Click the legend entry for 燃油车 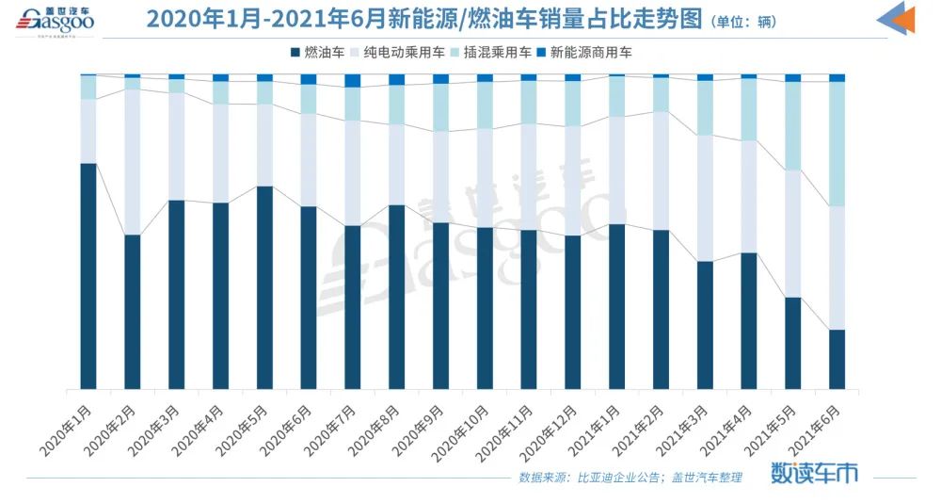320,53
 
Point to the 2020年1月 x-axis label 68,427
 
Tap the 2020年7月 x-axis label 331,427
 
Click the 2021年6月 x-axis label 816,427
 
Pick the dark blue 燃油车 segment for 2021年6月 837,359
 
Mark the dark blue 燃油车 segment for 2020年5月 264,287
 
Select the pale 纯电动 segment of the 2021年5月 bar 792,234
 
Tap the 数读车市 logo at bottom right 814,473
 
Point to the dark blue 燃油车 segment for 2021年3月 705,325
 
